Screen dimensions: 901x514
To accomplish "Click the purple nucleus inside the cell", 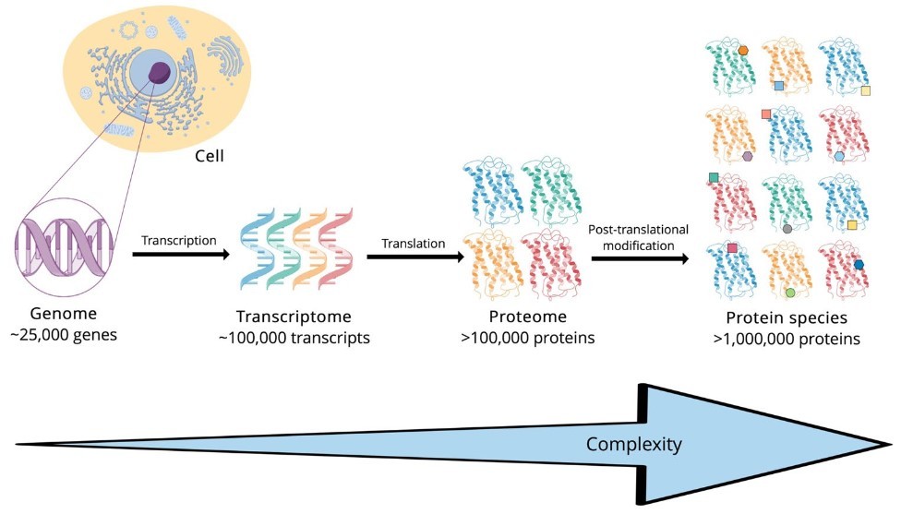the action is [160, 72].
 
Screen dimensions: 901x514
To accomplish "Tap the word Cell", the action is [210, 156].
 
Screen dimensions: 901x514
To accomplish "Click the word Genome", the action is [64, 314].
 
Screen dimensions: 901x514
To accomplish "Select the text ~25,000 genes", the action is [64, 335].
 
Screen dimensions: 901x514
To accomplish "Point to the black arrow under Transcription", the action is [181, 254].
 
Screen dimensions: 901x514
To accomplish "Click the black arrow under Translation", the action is [414, 257].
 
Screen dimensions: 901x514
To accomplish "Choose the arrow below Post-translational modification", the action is [640, 259].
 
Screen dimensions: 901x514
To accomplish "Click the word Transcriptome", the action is [294, 317].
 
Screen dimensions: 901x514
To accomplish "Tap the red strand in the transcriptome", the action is [337, 248].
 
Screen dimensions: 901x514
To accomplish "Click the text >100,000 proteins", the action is [527, 338].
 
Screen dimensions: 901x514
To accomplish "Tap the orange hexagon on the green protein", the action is [743, 51].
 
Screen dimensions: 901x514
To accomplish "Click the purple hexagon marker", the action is [747, 156].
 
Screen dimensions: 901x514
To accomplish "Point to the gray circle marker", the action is [787, 229].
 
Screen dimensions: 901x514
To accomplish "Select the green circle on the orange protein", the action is [790, 293].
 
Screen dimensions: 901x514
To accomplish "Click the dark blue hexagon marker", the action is [859, 264].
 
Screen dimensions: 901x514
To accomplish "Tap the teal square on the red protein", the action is [714, 177].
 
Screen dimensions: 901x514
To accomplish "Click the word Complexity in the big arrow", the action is [634, 444].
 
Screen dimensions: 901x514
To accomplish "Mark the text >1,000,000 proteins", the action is [787, 339].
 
